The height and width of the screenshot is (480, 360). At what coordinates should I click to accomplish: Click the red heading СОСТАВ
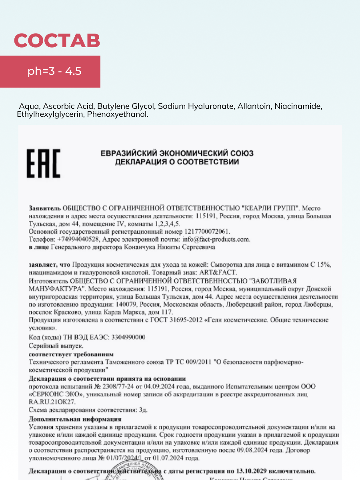click(x=57, y=40)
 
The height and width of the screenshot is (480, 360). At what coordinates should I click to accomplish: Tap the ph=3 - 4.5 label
click(x=54, y=72)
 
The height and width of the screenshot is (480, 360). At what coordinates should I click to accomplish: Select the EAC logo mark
click(x=43, y=163)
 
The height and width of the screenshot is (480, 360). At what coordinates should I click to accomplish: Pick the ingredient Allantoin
click(x=252, y=106)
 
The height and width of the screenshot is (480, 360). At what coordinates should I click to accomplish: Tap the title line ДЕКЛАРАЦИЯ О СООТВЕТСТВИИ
click(x=177, y=162)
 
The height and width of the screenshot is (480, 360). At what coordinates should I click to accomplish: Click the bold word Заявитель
click(x=44, y=208)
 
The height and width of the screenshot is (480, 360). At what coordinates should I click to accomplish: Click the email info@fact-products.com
click(x=216, y=239)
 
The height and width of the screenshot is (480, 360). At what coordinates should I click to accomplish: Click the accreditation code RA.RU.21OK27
click(x=52, y=402)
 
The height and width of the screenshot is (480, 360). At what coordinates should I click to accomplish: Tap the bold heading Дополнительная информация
click(x=75, y=419)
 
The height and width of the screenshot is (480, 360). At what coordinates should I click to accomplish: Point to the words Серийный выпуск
click(x=56, y=346)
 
